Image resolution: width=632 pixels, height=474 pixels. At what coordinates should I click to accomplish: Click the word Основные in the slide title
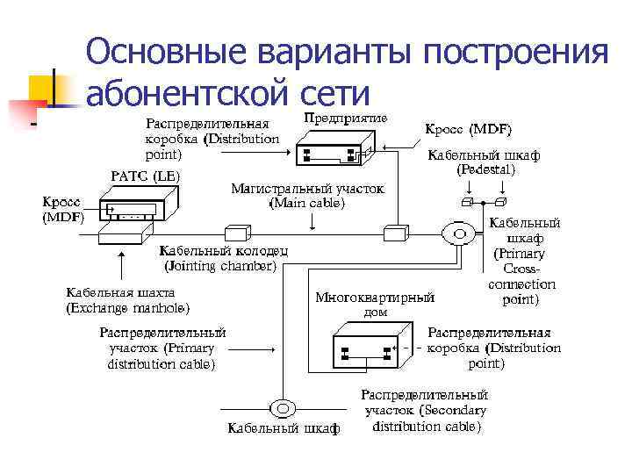coord(167,52)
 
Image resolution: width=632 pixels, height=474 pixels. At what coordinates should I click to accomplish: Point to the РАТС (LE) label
coord(145,176)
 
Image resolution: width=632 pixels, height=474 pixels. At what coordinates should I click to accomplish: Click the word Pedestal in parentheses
coord(485,169)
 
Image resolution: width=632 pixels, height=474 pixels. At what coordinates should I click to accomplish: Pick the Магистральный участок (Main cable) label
coord(306,196)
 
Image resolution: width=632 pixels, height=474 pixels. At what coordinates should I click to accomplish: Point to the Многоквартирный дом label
coord(375,304)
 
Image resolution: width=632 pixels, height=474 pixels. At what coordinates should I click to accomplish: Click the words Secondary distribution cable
coord(426,419)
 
